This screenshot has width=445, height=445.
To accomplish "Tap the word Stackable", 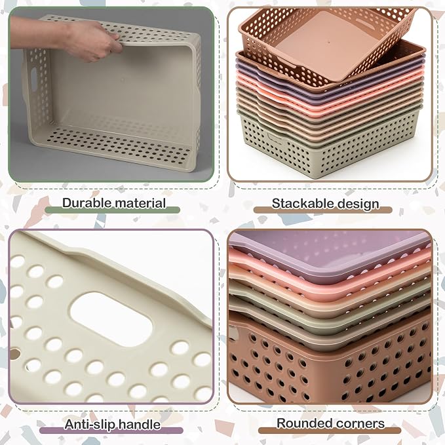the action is (x=299, y=203).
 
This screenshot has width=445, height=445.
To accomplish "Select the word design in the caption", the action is (x=354, y=204).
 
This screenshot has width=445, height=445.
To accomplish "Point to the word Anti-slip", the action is (x=90, y=425).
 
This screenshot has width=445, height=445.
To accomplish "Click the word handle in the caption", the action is (x=139, y=425).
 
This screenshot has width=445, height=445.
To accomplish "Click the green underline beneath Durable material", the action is (x=113, y=210).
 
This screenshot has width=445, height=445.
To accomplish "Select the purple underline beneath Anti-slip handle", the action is (x=111, y=431).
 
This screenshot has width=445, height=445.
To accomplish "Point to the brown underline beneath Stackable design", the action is (x=322, y=210).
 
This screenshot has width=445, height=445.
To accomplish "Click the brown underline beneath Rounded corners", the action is (x=330, y=431).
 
